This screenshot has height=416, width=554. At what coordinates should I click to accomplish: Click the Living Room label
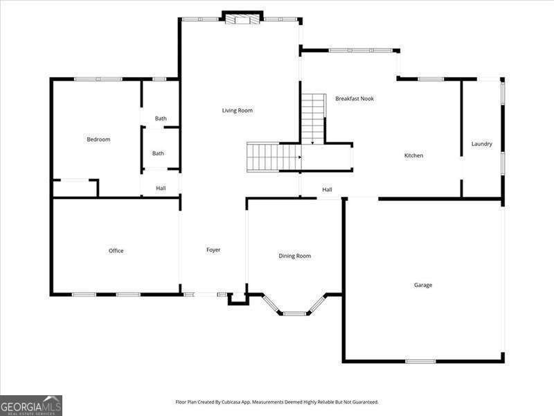(237, 110)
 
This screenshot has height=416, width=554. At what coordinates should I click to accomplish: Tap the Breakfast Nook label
(355, 98)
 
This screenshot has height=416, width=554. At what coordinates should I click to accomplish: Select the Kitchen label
(413, 155)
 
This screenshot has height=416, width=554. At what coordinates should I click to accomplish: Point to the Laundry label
(481, 144)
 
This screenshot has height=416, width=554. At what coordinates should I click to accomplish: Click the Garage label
(423, 285)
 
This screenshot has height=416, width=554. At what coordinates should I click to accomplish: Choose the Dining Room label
(294, 256)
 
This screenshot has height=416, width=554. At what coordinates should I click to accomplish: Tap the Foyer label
(213, 250)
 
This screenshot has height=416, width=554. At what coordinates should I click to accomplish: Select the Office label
(116, 250)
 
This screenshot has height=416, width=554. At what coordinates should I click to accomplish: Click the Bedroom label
(98, 139)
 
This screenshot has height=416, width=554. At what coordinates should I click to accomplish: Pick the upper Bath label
(161, 119)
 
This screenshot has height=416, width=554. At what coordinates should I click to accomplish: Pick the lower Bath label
(159, 153)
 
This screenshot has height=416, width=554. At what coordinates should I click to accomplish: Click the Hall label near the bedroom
(161, 188)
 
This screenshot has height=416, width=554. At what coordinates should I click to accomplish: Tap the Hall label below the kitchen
(327, 189)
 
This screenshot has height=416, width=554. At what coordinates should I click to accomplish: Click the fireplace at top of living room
(242, 17)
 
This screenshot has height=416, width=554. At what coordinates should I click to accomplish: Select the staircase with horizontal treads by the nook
(313, 118)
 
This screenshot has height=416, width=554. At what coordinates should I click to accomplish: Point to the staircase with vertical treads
(273, 157)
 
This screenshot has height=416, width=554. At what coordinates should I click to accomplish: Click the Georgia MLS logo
(31, 405)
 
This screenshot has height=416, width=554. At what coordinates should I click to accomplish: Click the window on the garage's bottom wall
(420, 361)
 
